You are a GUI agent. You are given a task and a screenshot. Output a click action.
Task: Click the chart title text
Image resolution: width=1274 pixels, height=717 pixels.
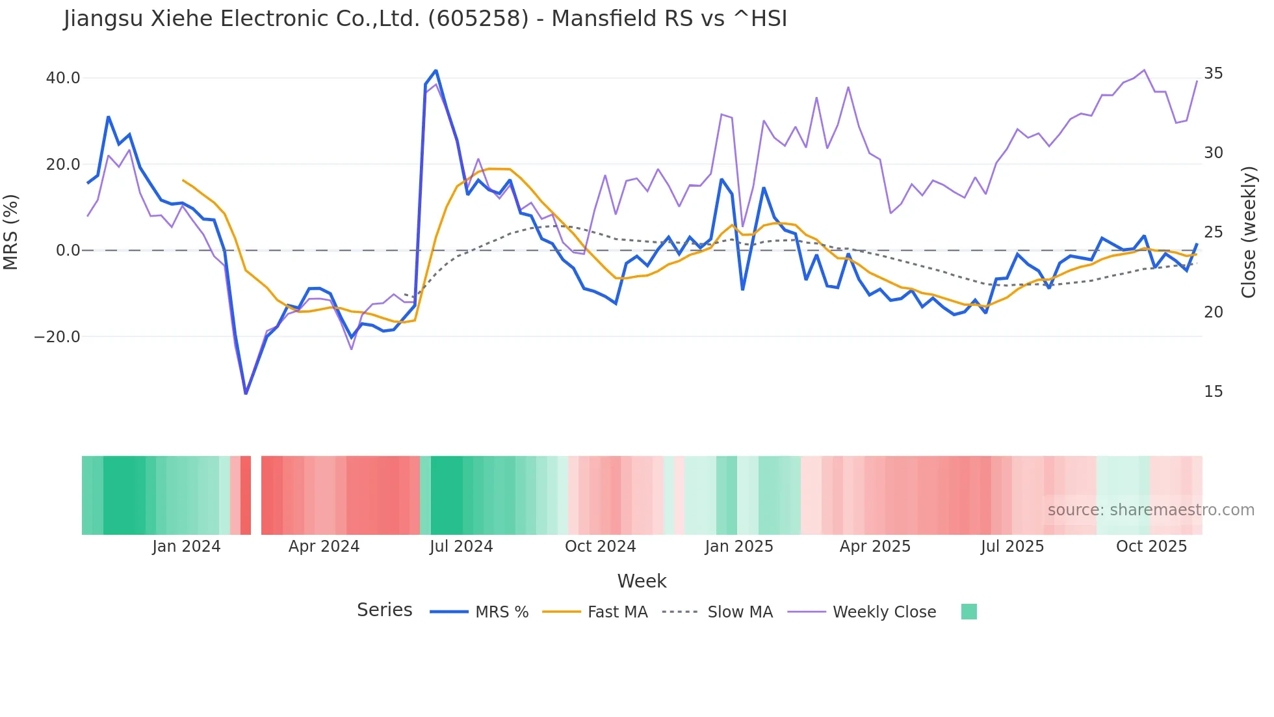click(425, 19)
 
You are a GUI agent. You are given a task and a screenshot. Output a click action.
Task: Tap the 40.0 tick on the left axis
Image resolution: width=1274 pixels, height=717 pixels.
click(63, 78)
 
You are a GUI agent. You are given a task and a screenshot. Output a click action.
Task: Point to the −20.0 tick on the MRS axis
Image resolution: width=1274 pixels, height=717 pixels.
click(57, 337)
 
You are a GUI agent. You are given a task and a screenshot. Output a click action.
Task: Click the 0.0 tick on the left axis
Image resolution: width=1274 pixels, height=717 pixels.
click(68, 250)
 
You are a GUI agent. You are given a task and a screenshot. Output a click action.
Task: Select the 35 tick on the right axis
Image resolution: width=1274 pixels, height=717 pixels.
click(1213, 74)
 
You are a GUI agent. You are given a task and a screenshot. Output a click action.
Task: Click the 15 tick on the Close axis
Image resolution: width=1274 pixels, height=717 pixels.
click(1213, 392)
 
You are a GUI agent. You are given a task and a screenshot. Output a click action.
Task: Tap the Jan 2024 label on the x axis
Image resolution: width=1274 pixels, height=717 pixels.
click(187, 547)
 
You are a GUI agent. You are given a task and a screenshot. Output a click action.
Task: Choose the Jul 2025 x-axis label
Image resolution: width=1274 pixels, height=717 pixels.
click(1012, 547)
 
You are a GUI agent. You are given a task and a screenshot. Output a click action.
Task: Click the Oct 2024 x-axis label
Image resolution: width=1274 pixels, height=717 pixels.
click(600, 547)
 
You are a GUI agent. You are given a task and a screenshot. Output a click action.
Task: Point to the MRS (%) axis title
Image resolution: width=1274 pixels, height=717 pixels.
click(11, 232)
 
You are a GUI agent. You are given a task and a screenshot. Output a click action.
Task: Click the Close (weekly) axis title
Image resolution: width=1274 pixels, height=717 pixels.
click(1248, 232)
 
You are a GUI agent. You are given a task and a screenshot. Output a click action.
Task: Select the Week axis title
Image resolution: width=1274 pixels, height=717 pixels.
click(642, 581)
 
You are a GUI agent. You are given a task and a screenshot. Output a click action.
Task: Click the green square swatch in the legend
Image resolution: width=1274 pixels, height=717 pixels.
click(968, 612)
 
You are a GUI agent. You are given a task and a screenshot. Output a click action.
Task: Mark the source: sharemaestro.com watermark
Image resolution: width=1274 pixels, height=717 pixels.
click(1150, 510)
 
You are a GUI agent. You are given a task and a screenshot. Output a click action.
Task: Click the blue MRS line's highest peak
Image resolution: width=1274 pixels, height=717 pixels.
click(435, 70)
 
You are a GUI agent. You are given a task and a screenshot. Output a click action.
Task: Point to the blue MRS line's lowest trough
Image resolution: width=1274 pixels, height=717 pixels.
click(246, 394)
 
